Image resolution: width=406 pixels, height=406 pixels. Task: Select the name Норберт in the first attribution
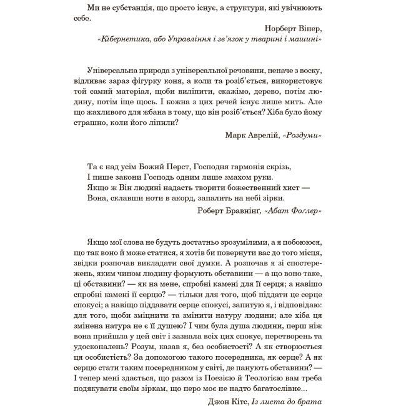(280, 29)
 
